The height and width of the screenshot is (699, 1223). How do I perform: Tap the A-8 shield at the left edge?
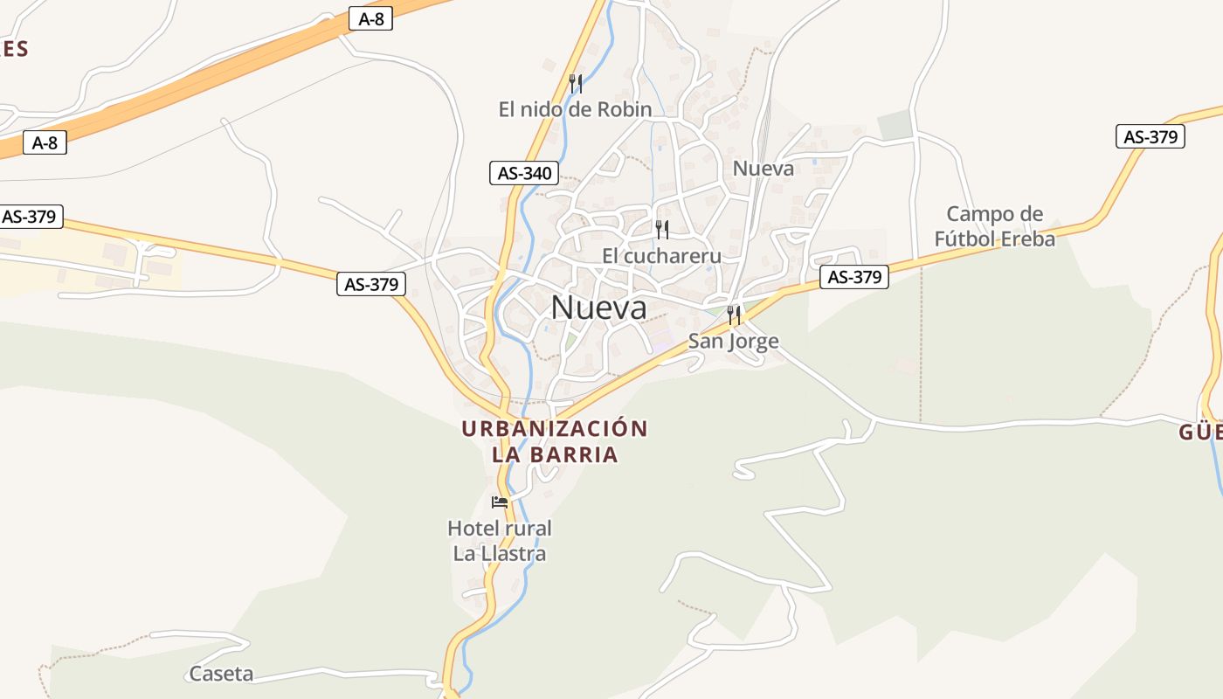tap(45, 142)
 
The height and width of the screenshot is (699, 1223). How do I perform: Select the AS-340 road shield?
tap(524, 173)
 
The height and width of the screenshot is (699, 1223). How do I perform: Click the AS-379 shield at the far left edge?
tap(30, 217)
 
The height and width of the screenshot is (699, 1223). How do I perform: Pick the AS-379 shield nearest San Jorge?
tap(853, 277)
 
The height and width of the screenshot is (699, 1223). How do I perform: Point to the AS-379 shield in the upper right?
tap(1150, 136)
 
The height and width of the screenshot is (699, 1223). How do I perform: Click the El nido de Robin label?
tap(575, 109)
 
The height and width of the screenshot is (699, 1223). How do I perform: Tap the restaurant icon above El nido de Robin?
tap(575, 84)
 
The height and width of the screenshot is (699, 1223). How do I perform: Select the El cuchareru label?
tap(661, 255)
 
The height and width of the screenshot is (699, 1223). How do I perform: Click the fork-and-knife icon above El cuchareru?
tap(662, 230)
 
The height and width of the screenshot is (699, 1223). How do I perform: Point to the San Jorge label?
tap(733, 341)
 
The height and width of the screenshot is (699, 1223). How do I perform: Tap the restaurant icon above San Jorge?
tap(734, 315)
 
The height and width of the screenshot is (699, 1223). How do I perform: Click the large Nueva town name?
tap(599, 308)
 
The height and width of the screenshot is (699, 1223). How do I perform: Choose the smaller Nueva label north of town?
tap(763, 168)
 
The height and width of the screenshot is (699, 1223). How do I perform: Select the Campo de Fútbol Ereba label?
tap(994, 226)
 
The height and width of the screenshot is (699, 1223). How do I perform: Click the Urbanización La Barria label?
tap(555, 441)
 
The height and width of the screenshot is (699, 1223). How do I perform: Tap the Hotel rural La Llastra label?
tap(499, 540)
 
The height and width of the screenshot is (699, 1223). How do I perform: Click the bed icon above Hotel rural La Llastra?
tap(500, 502)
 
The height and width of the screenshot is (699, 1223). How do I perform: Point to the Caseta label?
tap(221, 674)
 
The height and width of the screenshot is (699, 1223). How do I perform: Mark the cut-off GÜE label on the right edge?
tap(1201, 433)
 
